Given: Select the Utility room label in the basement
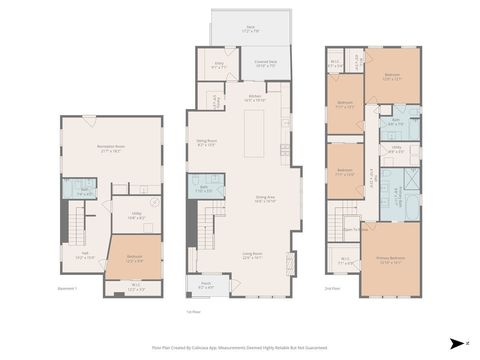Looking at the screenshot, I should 137,215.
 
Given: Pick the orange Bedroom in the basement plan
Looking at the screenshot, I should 132,258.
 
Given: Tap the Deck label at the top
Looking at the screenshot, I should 251,31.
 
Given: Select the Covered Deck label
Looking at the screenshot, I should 265,63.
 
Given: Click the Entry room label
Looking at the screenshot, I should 220,67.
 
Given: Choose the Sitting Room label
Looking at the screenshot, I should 206,144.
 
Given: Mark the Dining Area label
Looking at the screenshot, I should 264,200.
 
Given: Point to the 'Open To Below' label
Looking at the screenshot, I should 351,228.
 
